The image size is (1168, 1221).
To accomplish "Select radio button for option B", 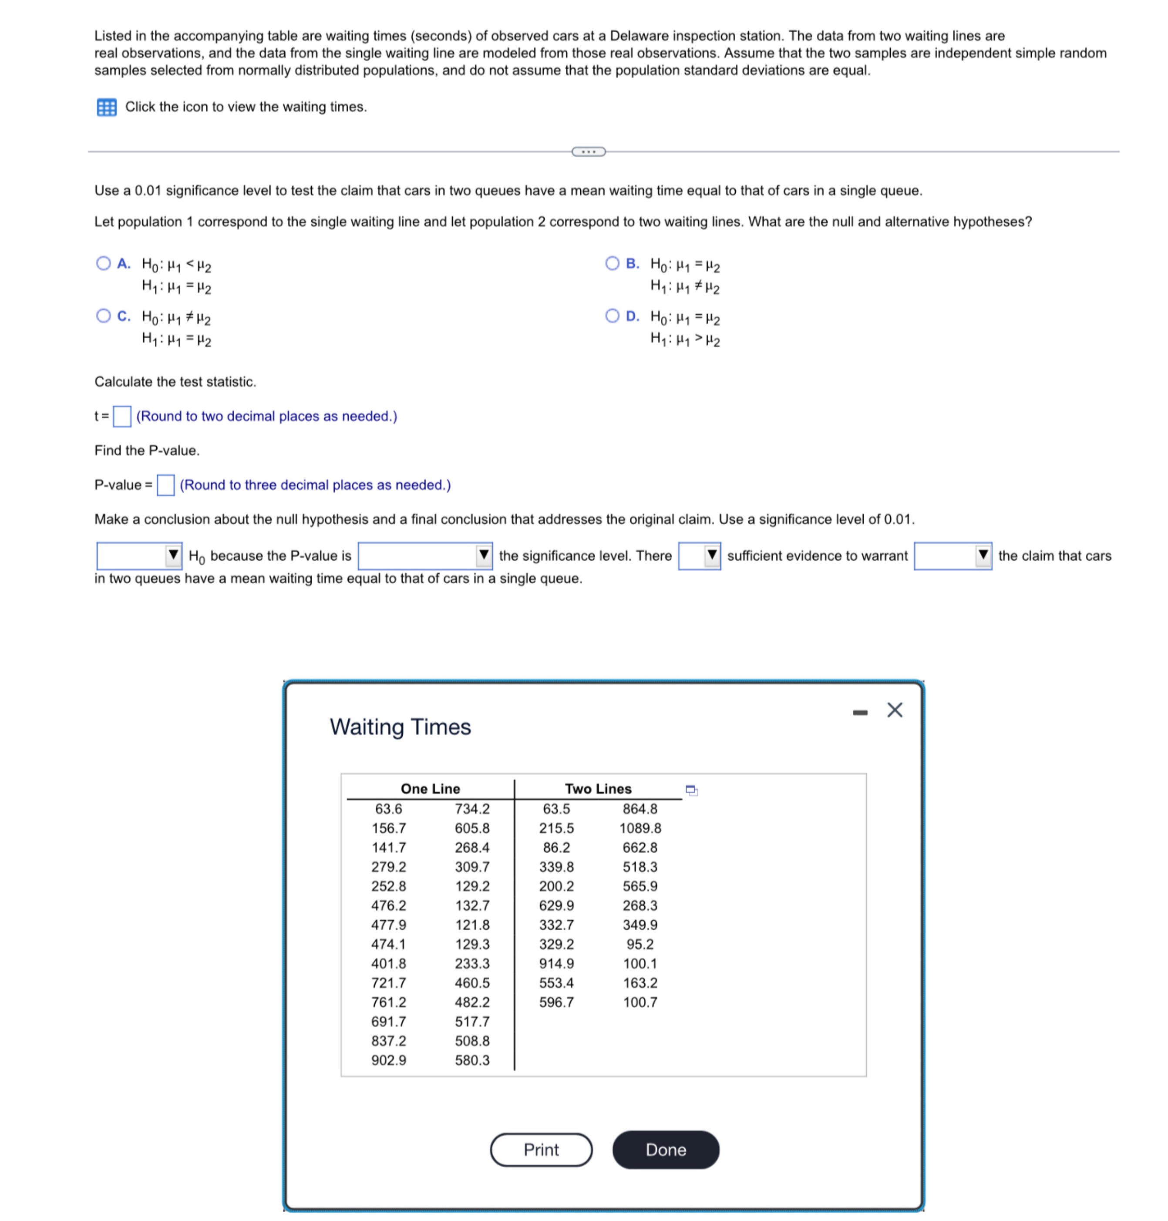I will (612, 263).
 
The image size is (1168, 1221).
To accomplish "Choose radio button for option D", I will (612, 316).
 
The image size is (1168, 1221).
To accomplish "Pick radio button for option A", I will (103, 263).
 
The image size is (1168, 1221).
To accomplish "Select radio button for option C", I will (103, 316).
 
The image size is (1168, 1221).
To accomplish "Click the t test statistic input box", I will (122, 416).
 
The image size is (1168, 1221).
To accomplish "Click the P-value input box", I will (165, 484).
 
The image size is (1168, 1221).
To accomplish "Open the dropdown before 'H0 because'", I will (139, 555).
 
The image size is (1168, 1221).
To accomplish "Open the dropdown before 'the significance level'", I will (424, 555).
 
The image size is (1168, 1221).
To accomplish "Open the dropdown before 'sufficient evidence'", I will (699, 555).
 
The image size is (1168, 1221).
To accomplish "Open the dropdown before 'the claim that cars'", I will (953, 555).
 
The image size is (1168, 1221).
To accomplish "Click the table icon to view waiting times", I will (107, 107).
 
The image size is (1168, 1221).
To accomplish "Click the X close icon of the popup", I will (894, 710).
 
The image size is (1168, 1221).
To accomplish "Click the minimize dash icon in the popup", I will (860, 712).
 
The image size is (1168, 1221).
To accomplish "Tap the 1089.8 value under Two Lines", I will (640, 828).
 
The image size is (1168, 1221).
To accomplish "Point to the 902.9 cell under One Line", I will (388, 1060).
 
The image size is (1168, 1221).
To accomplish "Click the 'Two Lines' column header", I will (598, 788).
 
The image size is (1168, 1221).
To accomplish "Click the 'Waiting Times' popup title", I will (401, 727).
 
